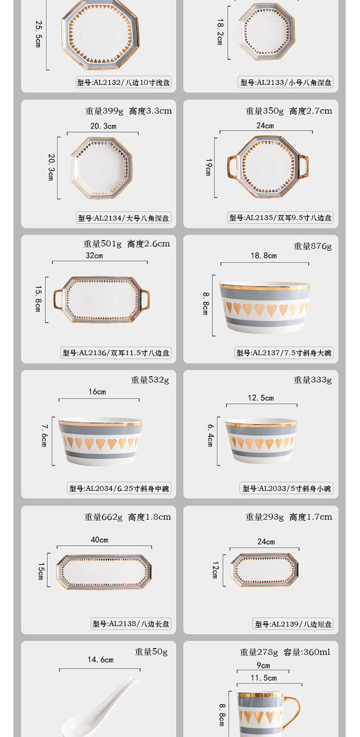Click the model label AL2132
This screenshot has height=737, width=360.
[123, 82]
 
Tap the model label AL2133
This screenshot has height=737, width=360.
[286, 82]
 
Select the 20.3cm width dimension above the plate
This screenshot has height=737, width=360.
[103, 126]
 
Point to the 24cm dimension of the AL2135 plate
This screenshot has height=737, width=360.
[265, 125]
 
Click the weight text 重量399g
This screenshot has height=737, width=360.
[104, 111]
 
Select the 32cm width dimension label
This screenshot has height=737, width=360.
[94, 255]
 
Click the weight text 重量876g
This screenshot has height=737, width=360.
[313, 246]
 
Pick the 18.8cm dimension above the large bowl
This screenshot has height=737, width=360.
[264, 255]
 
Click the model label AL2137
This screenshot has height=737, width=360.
[284, 353]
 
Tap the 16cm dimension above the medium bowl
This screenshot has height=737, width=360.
[97, 392]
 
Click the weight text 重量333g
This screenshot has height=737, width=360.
[313, 380]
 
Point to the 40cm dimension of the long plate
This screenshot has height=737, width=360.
[100, 540]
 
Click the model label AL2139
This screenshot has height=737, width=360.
[294, 624]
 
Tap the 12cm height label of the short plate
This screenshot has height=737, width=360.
[216, 570]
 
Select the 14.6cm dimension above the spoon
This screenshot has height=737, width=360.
[100, 659]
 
